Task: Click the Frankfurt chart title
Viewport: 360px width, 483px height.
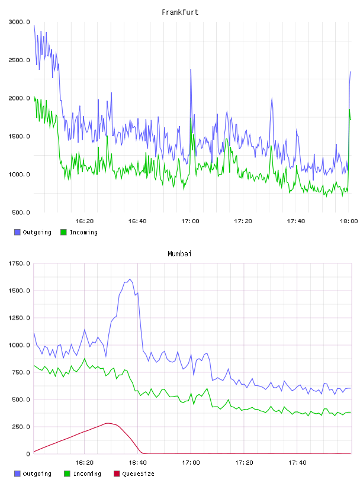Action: pos(180,12)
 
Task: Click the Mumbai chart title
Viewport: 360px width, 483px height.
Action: pos(179,254)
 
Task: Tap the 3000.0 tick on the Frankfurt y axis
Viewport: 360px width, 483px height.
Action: pos(20,22)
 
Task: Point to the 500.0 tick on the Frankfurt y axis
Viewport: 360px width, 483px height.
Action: pos(21,212)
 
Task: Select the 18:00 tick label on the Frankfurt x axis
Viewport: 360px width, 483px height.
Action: pos(349,221)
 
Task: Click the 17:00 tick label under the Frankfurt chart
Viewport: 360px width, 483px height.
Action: pos(190,221)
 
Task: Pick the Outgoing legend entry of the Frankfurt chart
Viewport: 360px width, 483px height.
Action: pos(33,232)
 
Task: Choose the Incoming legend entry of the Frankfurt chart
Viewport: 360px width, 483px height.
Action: pos(79,232)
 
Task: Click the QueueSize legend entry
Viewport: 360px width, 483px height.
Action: pos(134,474)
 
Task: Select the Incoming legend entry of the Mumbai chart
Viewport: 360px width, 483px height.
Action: pos(83,474)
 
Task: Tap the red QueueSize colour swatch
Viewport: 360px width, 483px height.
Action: pos(117,474)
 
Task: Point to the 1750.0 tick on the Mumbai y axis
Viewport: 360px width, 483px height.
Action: pos(20,263)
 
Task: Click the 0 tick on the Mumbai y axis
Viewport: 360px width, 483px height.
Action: pos(28,454)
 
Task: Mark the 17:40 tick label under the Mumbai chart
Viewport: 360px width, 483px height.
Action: pos(297,462)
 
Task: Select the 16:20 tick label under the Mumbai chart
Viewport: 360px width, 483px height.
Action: pos(84,462)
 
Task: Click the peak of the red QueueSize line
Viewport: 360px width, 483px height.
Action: pos(107,423)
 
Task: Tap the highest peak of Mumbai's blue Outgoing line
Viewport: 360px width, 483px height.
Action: pos(130,279)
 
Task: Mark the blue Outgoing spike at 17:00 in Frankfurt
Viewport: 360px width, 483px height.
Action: pos(191,70)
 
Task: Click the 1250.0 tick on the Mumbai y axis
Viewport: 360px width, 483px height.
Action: pos(20,318)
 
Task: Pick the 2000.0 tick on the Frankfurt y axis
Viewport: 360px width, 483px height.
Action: pos(20,98)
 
